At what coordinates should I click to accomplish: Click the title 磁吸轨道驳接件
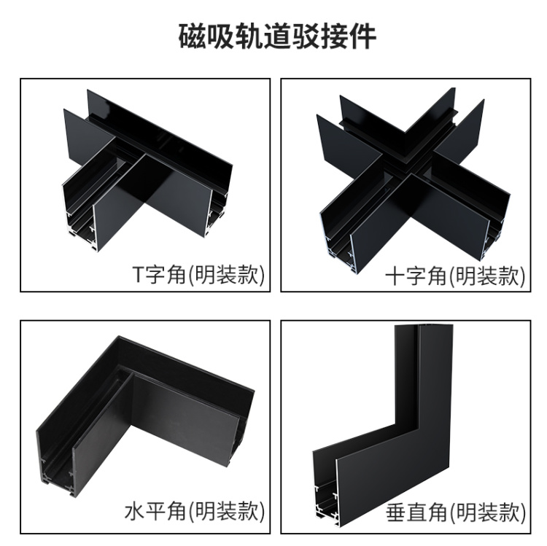tap(277, 36)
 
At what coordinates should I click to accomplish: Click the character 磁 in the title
tap(193, 36)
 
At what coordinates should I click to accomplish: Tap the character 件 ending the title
tap(362, 36)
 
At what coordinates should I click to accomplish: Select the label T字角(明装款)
tap(199, 274)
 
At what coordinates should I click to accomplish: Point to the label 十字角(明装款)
tap(455, 276)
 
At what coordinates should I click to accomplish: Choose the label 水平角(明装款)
tap(195, 512)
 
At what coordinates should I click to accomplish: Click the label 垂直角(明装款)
tap(456, 512)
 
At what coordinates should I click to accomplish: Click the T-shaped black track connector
tap(147, 171)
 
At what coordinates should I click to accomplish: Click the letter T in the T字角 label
tap(138, 275)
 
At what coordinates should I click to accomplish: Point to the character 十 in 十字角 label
tap(395, 276)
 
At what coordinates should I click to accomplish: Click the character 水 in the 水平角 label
tap(134, 512)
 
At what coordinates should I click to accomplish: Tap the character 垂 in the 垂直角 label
tap(396, 512)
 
